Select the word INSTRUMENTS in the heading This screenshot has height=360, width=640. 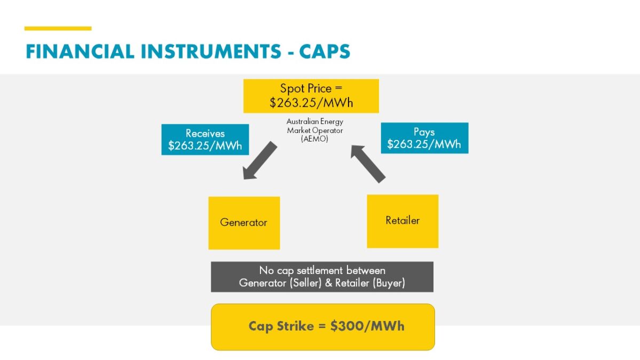point(209,52)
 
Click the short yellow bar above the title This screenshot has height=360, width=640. point(58,28)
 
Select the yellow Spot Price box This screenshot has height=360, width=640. point(311,96)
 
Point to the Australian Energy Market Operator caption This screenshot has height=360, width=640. point(315,126)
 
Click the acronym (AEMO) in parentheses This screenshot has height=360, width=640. point(315,139)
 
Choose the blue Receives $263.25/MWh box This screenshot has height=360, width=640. point(205,139)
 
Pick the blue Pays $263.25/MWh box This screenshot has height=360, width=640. point(424,138)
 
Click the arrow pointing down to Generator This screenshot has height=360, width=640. point(259,160)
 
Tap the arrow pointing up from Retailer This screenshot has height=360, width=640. point(368,164)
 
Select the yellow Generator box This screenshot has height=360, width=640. point(244,223)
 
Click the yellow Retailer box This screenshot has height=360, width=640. point(402,221)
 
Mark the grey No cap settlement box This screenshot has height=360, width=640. point(322,277)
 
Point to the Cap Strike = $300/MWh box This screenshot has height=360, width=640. point(323,327)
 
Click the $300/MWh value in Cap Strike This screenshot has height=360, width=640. point(367,326)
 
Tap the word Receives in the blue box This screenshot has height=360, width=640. point(205,134)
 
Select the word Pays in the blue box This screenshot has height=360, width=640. point(424,132)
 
